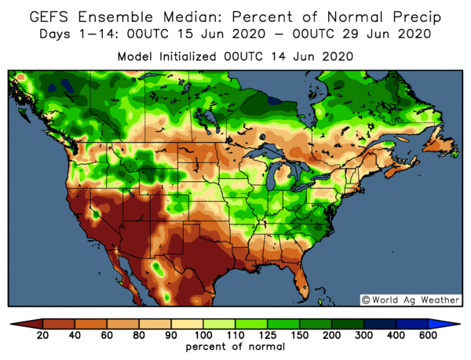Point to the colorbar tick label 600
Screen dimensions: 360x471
[429, 335]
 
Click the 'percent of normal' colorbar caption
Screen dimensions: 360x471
[235, 346]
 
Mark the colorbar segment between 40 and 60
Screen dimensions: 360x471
[90, 323]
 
